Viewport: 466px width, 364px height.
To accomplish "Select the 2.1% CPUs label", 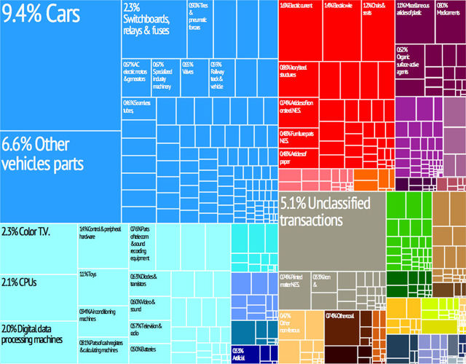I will pyautogui.click(x=23, y=282).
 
